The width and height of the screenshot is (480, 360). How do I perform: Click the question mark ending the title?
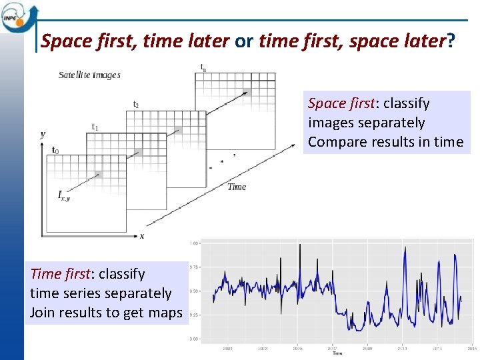(x=451, y=42)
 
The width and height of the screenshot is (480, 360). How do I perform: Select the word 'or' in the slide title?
(x=244, y=42)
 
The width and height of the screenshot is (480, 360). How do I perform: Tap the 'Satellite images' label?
(x=89, y=75)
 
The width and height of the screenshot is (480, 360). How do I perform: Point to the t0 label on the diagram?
(x=55, y=150)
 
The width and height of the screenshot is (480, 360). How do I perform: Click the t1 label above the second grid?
(x=95, y=127)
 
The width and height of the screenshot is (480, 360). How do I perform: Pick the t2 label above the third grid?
(x=136, y=105)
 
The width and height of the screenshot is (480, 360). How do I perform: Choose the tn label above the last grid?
(x=203, y=67)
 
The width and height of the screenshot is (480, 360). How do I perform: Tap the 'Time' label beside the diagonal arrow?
(x=237, y=187)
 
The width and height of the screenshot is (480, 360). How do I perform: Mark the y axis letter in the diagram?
(x=43, y=134)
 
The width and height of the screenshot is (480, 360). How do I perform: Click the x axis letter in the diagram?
(x=142, y=235)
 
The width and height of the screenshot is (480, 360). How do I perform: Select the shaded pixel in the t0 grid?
(x=97, y=175)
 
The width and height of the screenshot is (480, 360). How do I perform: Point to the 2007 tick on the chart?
(x=332, y=347)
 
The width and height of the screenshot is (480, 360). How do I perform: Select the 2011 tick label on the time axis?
(x=402, y=347)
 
